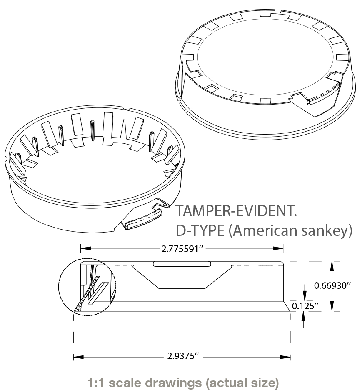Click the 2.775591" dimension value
pyautogui.click(x=182, y=249)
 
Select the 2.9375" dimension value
pyautogui.click(x=182, y=357)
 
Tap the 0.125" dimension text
pyautogui.click(x=305, y=306)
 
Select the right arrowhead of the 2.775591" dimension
pyautogui.click(x=280, y=248)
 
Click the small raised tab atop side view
pyautogui.click(x=182, y=264)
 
